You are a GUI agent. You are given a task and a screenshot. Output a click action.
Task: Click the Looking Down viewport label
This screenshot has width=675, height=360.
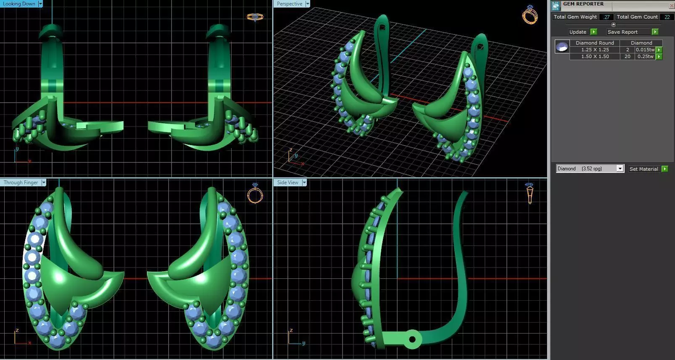click(x=19, y=4)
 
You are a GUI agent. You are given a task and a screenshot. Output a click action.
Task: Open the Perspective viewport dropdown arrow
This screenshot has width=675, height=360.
click(x=308, y=4)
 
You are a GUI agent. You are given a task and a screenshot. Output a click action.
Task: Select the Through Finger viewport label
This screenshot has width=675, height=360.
click(x=21, y=183)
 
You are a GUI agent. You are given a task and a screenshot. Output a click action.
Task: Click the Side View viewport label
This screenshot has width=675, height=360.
click(x=287, y=183)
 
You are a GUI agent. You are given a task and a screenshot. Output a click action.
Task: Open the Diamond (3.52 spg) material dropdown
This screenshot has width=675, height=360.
click(x=620, y=169)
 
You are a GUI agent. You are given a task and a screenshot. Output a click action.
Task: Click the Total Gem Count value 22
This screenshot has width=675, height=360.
click(x=667, y=17)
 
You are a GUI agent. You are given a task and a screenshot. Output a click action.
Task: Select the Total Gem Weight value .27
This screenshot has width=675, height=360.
click(x=606, y=17)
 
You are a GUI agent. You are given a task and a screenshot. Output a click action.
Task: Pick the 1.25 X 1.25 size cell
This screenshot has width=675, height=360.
click(x=595, y=50)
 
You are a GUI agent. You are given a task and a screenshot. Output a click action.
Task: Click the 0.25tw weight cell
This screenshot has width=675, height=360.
click(x=645, y=56)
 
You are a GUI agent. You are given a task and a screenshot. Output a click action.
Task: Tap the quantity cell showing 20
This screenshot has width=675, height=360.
click(x=627, y=56)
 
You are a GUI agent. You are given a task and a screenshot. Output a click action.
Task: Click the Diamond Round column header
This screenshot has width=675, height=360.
click(x=594, y=43)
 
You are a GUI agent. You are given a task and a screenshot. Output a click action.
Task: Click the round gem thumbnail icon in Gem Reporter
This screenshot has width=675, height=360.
click(x=562, y=46)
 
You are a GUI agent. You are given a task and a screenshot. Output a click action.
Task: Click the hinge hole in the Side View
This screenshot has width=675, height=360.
click(x=412, y=339)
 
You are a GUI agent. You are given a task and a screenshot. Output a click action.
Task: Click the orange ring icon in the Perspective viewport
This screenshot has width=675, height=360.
click(x=530, y=15)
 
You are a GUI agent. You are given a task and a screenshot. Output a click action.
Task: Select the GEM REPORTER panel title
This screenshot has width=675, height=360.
click(x=583, y=4)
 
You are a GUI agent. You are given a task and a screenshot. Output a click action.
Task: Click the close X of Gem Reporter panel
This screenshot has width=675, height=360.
click(x=671, y=5)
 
